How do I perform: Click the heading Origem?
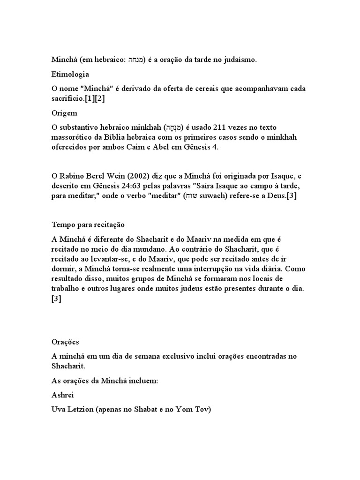coord(64,113)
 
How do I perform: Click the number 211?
coord(222,127)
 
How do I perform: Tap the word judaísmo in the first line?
coord(233,60)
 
